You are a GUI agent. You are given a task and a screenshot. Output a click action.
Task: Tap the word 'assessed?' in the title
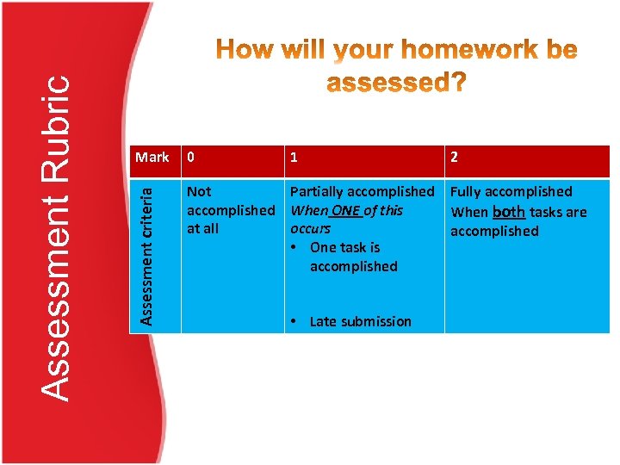point(396,83)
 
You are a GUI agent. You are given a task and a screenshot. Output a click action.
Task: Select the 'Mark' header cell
point(152,157)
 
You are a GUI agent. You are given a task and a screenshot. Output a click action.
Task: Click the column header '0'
point(191,158)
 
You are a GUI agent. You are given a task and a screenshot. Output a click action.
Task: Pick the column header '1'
point(294,158)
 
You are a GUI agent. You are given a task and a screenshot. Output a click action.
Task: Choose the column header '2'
point(455,158)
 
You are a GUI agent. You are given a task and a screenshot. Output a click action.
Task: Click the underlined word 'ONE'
point(345,210)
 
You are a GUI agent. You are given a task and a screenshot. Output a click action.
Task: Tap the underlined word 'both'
point(508,211)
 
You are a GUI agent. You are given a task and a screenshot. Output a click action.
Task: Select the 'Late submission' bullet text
point(360,321)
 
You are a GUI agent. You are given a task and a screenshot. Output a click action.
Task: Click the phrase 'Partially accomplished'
point(362,191)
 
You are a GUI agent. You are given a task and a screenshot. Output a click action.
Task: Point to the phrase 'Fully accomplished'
point(512,191)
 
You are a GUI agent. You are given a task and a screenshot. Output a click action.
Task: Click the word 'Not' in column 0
point(199,191)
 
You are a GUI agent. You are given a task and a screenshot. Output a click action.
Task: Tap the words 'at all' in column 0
point(203,229)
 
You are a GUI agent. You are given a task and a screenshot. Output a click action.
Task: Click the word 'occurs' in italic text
point(310,229)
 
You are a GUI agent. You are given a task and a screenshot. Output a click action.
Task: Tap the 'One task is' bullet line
point(344,247)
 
